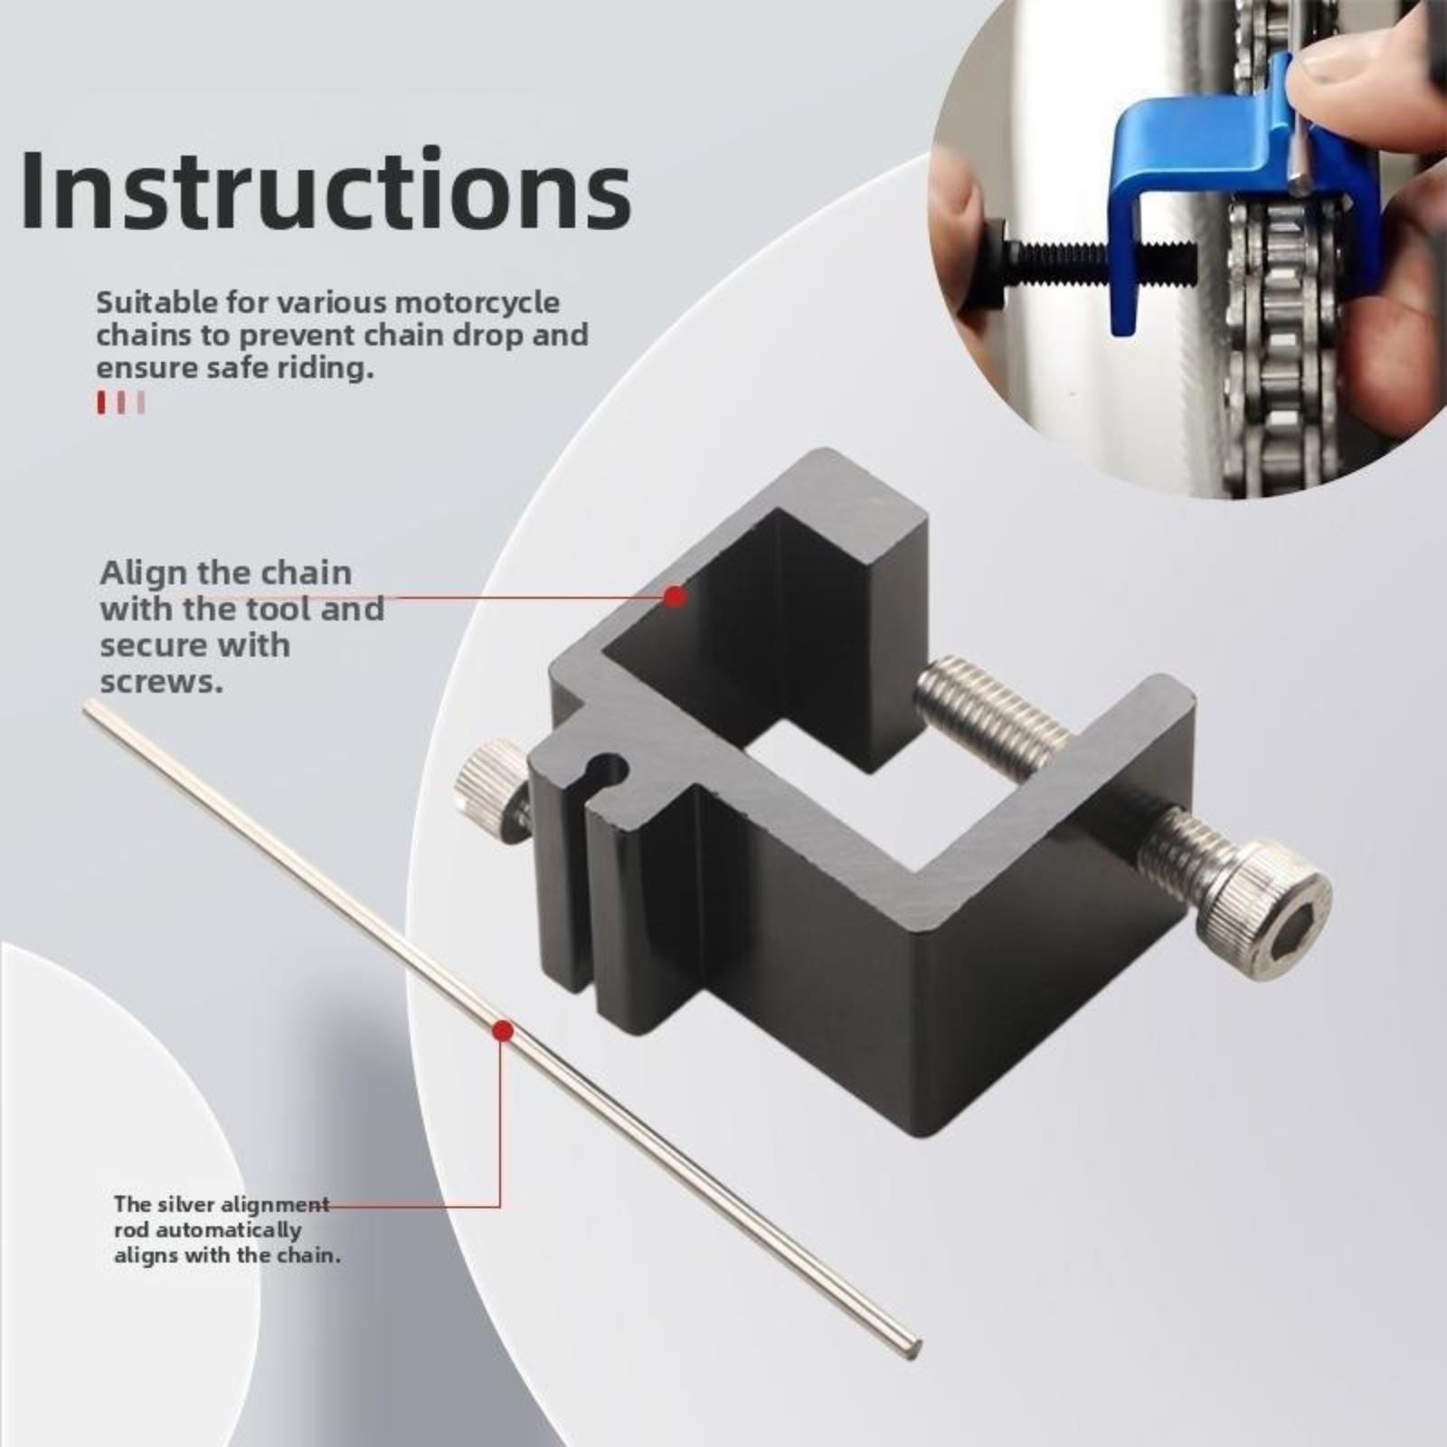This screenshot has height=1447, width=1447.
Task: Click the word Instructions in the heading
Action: pos(326,190)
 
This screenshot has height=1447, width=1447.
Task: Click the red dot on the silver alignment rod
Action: pos(502,1031)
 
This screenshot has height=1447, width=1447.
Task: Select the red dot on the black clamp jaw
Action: pos(674,596)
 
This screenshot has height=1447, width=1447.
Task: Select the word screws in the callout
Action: pos(161,682)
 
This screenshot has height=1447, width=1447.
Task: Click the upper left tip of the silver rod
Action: pos(87,704)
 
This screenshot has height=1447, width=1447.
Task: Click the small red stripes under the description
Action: pos(120,402)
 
